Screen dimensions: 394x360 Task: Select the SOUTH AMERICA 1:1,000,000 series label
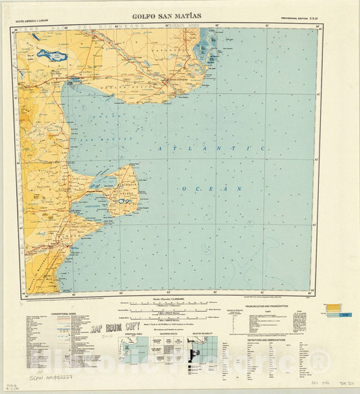pos(43,22)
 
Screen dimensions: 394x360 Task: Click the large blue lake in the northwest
pos(51,55)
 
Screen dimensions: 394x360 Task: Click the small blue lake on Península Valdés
pos(122,200)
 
